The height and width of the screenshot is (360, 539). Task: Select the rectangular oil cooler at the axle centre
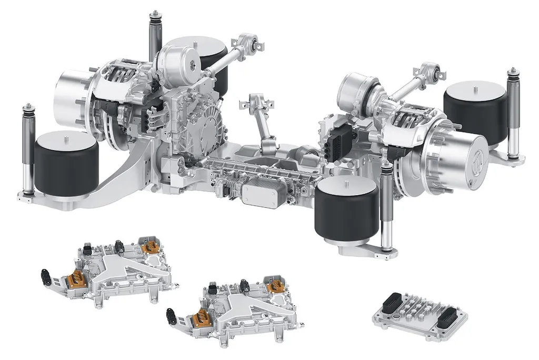coord(263,192)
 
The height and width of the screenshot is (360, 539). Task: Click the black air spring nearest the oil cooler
coord(346,208)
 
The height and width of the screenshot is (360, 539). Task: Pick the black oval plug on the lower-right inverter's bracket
coord(171,315)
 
